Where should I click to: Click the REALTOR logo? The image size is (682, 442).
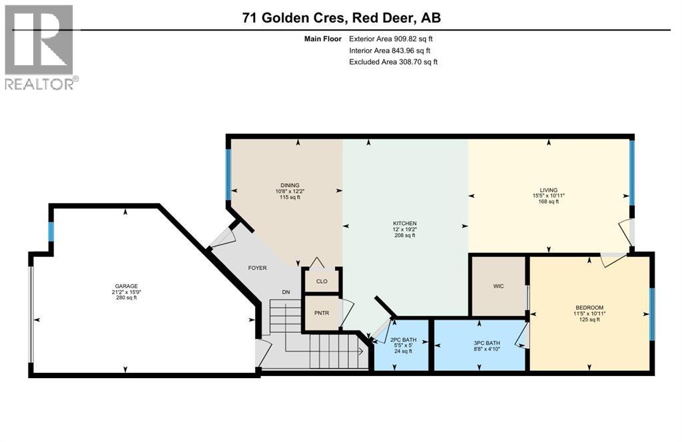tap(41, 47)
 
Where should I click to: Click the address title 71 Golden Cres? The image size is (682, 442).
tap(341, 18)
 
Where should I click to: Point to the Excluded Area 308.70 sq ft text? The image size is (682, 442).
tap(393, 62)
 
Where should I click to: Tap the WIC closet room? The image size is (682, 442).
tap(499, 286)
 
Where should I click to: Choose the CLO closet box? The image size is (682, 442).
tap(322, 281)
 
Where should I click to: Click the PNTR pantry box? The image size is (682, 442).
tap(322, 312)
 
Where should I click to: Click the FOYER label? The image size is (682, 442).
tap(257, 268)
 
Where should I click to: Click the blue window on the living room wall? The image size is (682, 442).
tap(632, 173)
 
